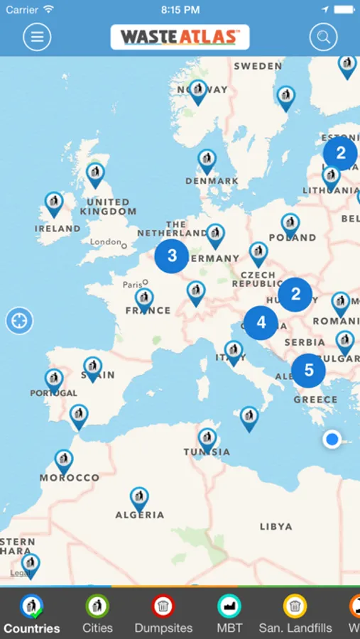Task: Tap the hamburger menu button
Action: [x=37, y=37]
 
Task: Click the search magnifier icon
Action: [x=323, y=37]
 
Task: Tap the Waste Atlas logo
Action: [x=180, y=37]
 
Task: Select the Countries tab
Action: [x=31, y=614]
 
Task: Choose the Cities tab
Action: [x=97, y=614]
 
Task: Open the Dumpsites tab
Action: [x=163, y=614]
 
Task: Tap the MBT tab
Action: [x=229, y=614]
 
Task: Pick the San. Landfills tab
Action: [x=295, y=614]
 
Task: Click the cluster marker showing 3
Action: [x=172, y=256]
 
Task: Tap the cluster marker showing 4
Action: [x=261, y=323]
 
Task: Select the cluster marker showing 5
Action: [x=308, y=370]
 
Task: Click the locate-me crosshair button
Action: [x=20, y=321]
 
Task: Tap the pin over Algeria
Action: [x=140, y=498]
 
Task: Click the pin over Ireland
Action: [x=54, y=203]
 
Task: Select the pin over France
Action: [x=145, y=299]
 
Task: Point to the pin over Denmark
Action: [x=207, y=160]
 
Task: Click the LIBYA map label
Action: [x=276, y=527]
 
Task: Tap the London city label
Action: [x=106, y=242]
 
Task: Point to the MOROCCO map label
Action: [x=70, y=478]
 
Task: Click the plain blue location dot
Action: [x=332, y=439]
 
